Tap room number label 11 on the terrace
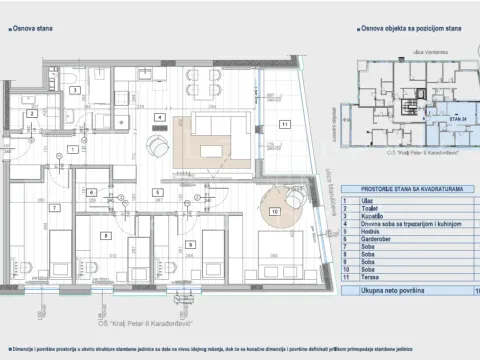point(285,124)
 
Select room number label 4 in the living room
point(157,118)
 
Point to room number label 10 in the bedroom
point(274,212)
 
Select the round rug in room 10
point(274,211)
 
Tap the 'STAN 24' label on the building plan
point(456,119)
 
